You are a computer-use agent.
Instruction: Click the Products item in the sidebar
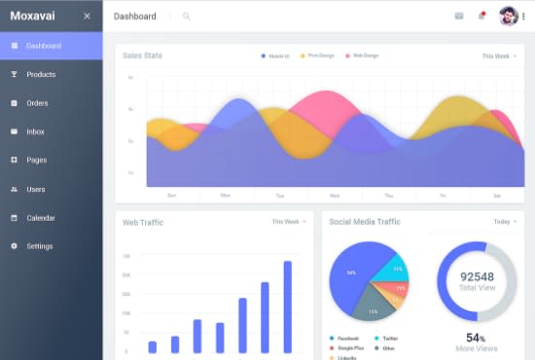tap(40, 74)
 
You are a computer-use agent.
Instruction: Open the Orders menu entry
tap(37, 103)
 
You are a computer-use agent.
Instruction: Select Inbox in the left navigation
tap(35, 131)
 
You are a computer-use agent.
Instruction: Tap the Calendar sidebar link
tap(40, 218)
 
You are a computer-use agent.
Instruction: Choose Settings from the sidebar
tap(39, 246)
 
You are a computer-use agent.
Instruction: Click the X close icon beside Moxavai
tap(87, 17)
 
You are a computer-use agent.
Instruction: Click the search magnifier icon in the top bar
tap(187, 17)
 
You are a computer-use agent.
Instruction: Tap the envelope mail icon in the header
tap(459, 17)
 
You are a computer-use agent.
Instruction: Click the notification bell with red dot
tap(481, 17)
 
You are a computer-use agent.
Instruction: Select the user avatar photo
tap(508, 17)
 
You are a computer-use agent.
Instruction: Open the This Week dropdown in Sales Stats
tap(499, 56)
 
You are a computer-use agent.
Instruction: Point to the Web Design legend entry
tap(362, 55)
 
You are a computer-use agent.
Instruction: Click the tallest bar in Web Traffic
tap(288, 306)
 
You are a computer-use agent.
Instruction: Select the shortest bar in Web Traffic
tap(153, 346)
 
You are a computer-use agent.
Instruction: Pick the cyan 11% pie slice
tap(396, 268)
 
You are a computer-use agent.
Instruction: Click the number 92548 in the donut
tap(477, 276)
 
